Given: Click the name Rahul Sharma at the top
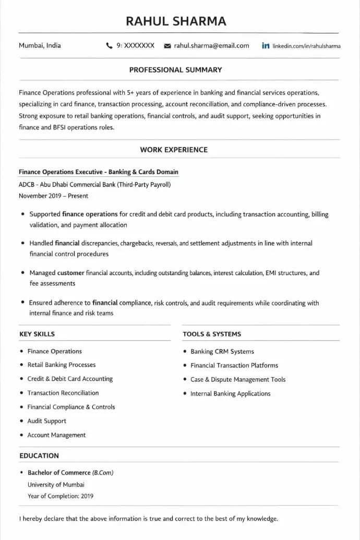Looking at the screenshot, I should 176,21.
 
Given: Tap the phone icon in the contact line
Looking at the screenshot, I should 109,46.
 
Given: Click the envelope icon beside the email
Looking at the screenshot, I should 167,46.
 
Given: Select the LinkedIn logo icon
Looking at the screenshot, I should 266,46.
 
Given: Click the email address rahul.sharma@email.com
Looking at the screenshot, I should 211,46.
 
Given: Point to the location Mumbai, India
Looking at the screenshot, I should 40,45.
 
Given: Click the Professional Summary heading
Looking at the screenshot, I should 175,69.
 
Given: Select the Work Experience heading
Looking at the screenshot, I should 174,150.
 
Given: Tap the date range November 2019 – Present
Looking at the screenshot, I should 53,196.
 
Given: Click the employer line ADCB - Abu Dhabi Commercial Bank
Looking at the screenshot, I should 94,184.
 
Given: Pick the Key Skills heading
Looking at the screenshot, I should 37,334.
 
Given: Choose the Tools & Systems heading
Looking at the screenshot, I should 212,334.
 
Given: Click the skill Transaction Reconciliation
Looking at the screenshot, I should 63,393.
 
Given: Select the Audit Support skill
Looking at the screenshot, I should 47,421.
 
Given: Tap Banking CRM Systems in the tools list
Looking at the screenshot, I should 222,352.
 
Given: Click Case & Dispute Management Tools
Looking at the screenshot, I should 238,380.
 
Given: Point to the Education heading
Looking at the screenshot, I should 39,455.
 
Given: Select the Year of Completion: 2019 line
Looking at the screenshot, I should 61,496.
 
